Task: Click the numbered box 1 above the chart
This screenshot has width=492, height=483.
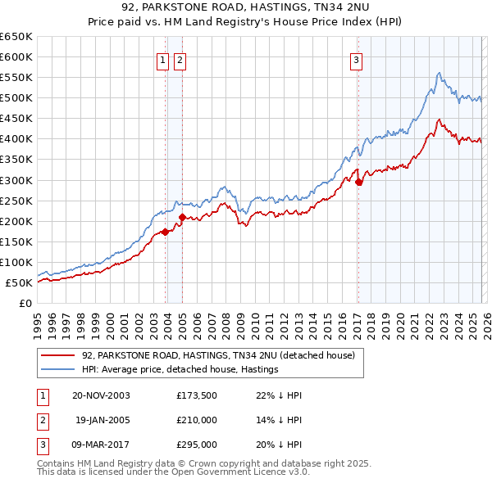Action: [x=162, y=59]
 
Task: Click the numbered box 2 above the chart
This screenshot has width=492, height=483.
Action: [x=179, y=59]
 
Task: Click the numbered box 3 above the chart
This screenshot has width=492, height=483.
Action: [x=357, y=59]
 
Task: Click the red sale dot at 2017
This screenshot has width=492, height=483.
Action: [x=358, y=182]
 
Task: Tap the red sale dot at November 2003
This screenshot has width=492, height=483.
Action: [x=165, y=232]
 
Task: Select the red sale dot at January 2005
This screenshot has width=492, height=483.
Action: [x=182, y=217]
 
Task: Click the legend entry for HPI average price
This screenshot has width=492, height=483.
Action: [x=180, y=369]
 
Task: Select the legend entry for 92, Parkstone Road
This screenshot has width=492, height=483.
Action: [x=217, y=355]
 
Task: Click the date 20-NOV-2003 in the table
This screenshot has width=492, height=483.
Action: [x=101, y=395]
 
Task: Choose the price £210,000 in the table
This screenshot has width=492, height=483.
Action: [x=197, y=421]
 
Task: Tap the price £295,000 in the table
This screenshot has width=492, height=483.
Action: [x=197, y=446]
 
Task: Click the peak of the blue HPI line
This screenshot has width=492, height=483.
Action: [x=440, y=73]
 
